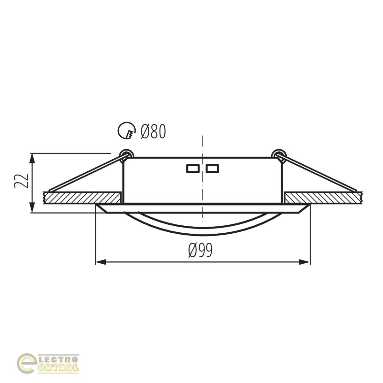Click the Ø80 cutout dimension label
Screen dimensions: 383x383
(153, 131)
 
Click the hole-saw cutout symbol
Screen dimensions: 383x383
(127, 131)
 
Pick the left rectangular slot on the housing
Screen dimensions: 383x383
(193, 168)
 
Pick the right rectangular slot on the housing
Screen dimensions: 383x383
(212, 168)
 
